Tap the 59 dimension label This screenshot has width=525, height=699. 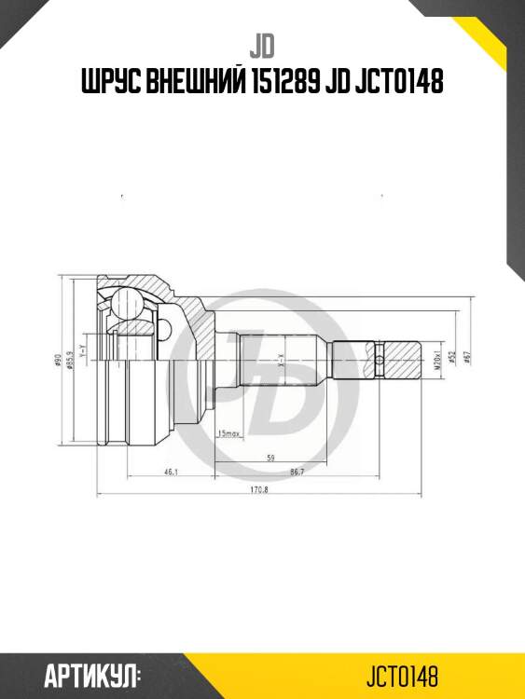coord(270,457)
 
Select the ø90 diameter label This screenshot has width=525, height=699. coord(58,362)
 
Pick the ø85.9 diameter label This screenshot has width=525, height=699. coord(70,362)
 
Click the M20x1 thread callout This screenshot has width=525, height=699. coord(435,357)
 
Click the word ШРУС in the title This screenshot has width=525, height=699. coord(109,85)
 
